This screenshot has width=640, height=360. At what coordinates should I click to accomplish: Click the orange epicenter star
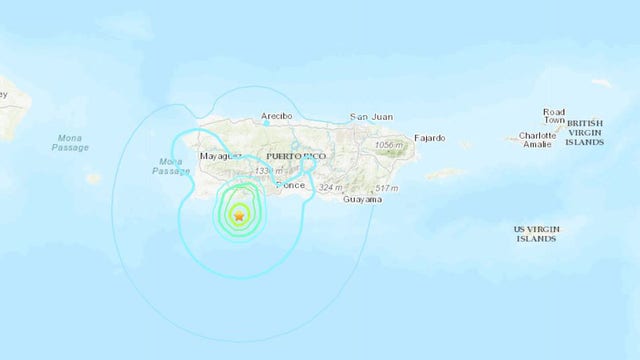pyautogui.click(x=239, y=214)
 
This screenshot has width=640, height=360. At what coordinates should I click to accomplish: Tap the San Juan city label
pyautogui.click(x=369, y=117)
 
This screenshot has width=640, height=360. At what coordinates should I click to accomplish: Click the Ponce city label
pyautogui.click(x=291, y=186)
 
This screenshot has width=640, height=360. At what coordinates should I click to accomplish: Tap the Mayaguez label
pyautogui.click(x=221, y=157)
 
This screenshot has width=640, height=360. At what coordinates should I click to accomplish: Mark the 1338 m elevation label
pyautogui.click(x=267, y=172)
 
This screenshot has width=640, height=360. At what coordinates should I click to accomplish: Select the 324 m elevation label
pyautogui.click(x=331, y=188)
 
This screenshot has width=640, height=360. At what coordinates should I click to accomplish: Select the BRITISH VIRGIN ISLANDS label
pyautogui.click(x=585, y=132)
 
